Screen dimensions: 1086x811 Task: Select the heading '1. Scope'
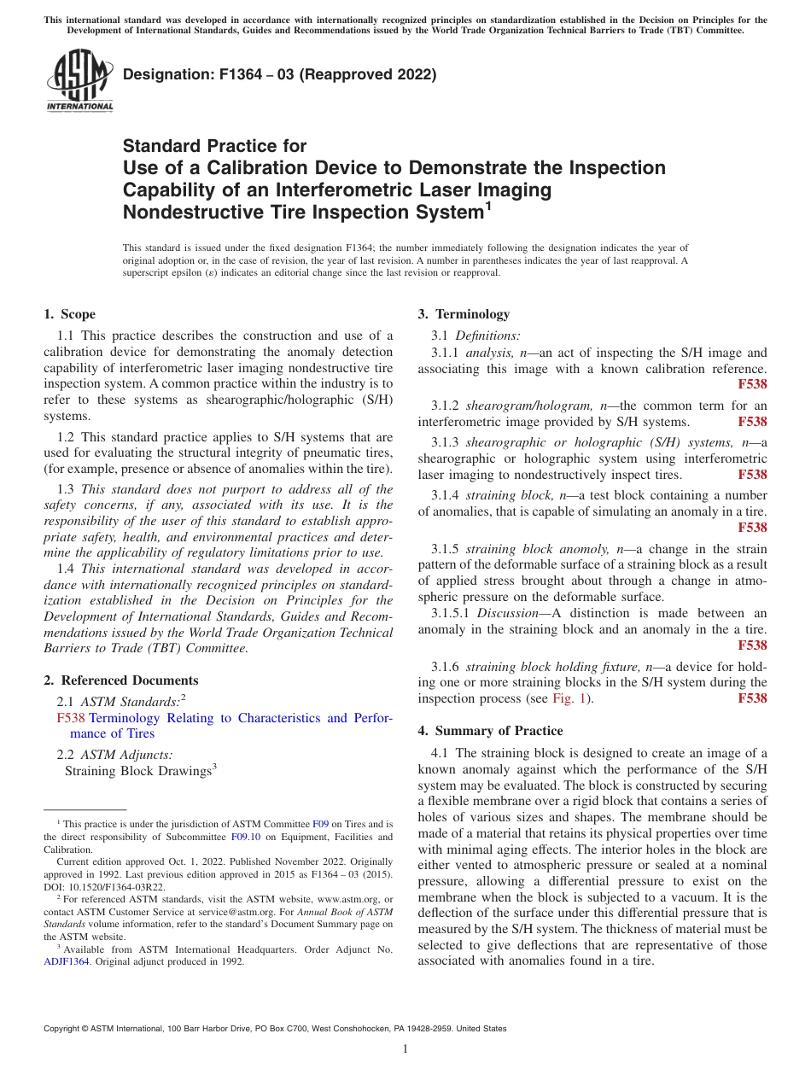69,314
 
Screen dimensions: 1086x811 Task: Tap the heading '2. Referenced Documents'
120,680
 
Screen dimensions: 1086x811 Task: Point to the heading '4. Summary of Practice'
490,731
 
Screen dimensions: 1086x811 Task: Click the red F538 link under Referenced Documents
71,718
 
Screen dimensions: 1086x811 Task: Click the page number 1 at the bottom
405,1049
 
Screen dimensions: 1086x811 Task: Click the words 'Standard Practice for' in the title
214,146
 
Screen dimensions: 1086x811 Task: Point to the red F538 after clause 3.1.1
752,384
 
